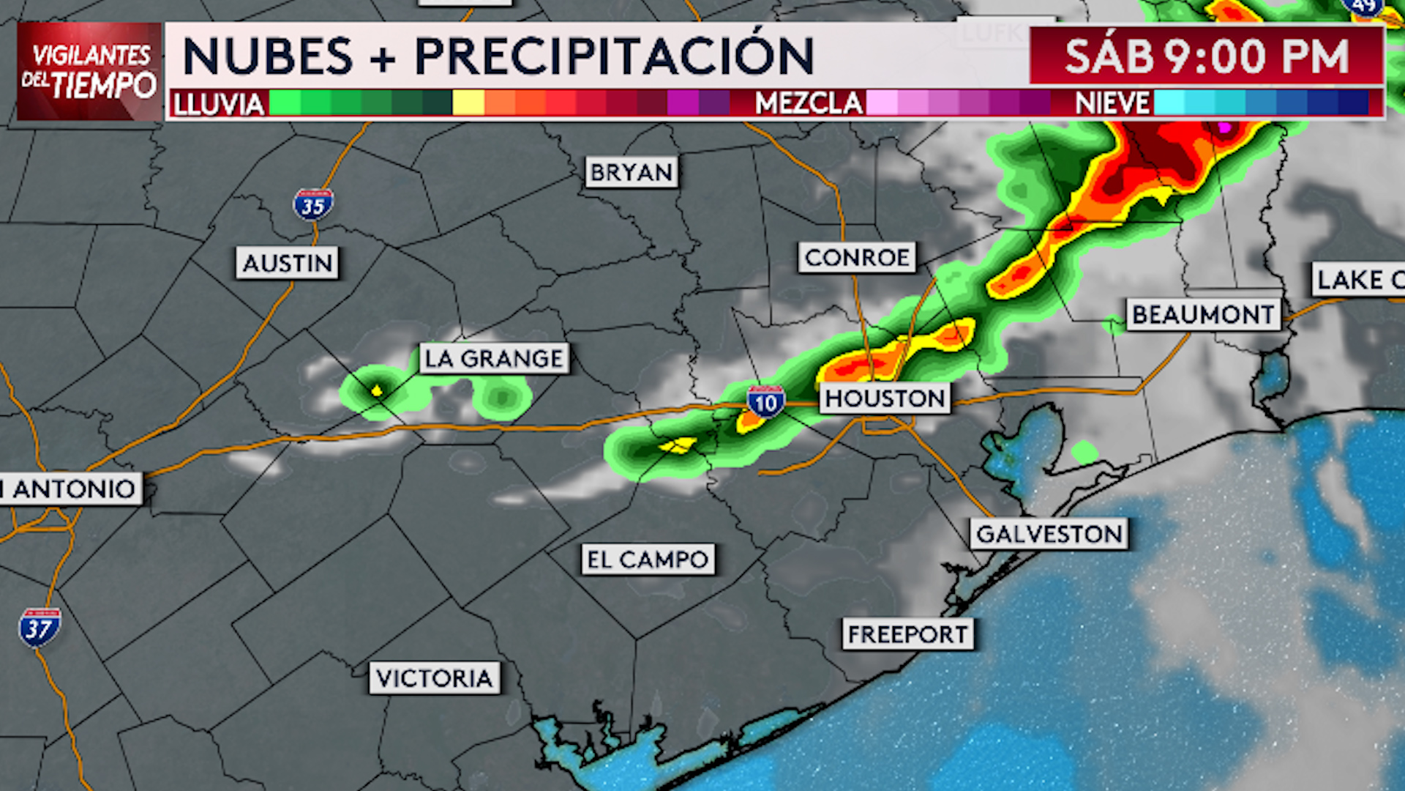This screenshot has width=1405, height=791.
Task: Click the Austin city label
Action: point(287,263)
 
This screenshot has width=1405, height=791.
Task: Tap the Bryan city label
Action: point(632,172)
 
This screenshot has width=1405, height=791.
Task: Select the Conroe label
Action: point(857,258)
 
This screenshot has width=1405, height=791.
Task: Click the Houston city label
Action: point(885,398)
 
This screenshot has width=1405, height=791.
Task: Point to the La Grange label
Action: point(494,359)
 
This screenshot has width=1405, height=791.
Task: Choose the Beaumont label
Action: point(1203,315)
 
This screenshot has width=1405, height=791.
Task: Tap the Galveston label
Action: point(1049,534)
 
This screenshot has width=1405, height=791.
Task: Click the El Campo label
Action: point(648,560)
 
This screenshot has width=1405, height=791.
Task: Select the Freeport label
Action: point(908,634)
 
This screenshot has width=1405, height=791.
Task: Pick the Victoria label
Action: point(435,678)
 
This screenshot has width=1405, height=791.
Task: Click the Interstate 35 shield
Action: point(313,205)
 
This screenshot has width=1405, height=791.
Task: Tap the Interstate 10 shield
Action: point(765,402)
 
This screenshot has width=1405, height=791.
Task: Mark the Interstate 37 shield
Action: point(39,628)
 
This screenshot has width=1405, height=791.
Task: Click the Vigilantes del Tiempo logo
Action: point(89,71)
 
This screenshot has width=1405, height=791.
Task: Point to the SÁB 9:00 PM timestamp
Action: point(1206,56)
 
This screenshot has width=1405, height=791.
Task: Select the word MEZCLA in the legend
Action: point(809,103)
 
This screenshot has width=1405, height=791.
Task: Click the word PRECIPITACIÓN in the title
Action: point(614,56)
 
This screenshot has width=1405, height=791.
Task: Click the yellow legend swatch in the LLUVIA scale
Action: point(468,103)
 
